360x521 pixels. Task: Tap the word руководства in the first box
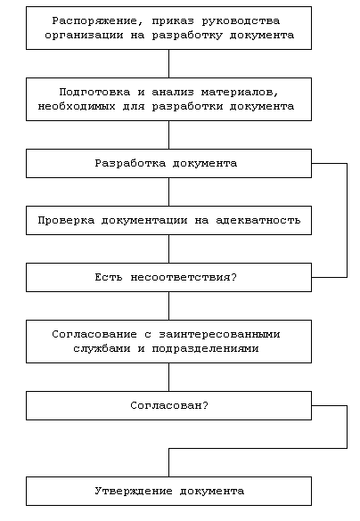point(241,21)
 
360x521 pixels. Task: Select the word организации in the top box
point(84,36)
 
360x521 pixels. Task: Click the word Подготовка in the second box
point(94,92)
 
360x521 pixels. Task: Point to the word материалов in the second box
point(240,92)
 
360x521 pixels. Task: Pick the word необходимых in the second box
point(77,106)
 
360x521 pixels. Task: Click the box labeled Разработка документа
point(169,164)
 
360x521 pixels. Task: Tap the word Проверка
point(66,220)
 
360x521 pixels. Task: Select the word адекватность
point(258,220)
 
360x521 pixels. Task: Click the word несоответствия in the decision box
point(184,277)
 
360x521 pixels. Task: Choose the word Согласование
point(94,334)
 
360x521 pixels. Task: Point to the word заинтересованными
point(219,334)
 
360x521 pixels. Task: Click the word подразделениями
point(205,348)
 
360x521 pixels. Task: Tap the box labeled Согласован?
point(169,406)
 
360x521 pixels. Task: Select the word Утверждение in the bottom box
point(134,491)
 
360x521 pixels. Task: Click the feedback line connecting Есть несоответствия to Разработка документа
point(347,220)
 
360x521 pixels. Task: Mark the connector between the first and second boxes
point(169,64)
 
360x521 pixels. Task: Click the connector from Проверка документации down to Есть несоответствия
point(169,248)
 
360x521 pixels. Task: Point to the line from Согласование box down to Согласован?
point(169,377)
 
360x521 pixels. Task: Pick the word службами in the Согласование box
point(102,348)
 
